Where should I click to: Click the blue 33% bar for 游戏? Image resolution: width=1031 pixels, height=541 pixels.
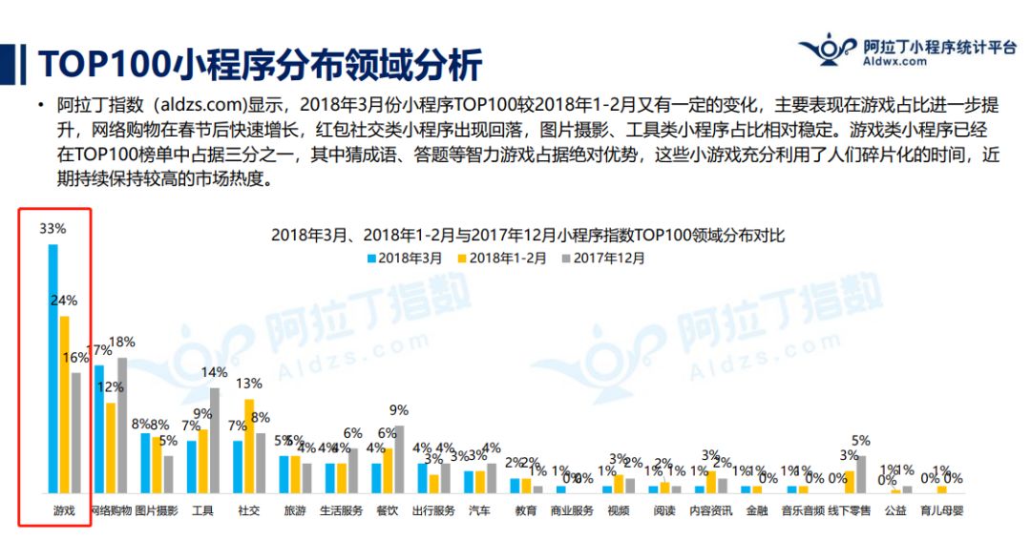pos(53,368)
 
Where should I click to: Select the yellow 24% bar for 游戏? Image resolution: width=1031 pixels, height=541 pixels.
pos(65,404)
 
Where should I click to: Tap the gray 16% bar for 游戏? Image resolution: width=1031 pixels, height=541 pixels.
pos(76,432)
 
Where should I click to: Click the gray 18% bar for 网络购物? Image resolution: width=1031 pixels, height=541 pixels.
pos(122,425)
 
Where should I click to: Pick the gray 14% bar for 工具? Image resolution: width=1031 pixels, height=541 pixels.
pos(215,440)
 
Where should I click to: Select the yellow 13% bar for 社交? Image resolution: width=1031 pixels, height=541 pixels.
pos(249,446)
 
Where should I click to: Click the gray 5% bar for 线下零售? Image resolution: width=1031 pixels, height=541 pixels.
pos(861,474)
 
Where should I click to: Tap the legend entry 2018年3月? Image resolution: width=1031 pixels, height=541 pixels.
pos(405,257)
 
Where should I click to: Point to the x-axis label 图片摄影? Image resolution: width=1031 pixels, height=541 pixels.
pos(157,510)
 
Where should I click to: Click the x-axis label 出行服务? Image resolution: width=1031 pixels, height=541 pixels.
pos(433,510)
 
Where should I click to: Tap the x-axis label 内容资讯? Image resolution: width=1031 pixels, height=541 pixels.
pos(710,510)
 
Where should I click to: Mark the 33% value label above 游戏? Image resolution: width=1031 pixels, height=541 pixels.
pos(53,229)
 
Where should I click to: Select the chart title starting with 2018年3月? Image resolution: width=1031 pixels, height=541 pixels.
pos(528,235)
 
